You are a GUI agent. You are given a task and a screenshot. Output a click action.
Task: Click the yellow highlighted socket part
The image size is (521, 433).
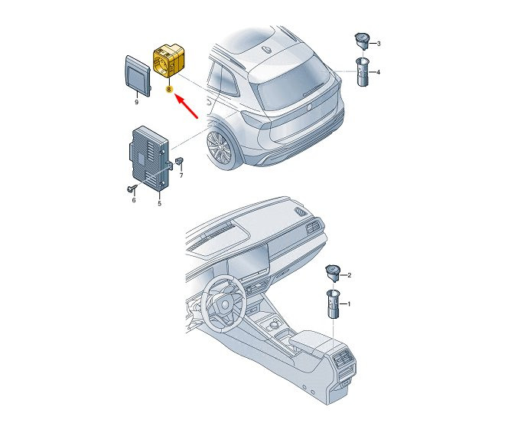tap(168, 61)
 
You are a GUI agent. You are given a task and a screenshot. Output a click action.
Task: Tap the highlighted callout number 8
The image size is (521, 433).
tap(169, 89)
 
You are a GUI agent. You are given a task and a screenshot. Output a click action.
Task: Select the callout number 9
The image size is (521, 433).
tap(136, 102)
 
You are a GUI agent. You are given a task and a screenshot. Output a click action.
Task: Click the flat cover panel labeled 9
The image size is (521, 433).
tap(138, 75)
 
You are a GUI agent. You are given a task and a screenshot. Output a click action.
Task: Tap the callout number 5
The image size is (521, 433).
tap(159, 203)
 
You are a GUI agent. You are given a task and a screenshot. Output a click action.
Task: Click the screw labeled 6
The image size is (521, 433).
tap(132, 189)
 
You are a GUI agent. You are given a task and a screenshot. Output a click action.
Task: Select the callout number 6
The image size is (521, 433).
tap(134, 200)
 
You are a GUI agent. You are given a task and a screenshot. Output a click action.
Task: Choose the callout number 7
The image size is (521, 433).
tap(181, 175)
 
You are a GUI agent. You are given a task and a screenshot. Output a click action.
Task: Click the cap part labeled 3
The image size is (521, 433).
tap(361, 41)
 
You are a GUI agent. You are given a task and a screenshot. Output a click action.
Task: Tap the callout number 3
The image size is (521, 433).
tap(379, 44)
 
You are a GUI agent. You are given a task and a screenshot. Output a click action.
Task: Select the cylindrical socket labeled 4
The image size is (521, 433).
tap(362, 72)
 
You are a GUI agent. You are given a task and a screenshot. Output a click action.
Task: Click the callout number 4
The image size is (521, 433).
tap(378, 72)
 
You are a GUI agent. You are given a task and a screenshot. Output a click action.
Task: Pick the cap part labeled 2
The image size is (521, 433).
tap(332, 274)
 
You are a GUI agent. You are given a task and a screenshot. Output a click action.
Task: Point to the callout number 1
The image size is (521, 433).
tap(349, 303)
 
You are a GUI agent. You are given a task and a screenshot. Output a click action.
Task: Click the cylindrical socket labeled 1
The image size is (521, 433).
tap(333, 303)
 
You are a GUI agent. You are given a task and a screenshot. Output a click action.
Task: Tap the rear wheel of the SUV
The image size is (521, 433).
tap(220, 147)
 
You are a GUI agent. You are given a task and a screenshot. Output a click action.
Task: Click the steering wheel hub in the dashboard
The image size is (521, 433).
tap(225, 304)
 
